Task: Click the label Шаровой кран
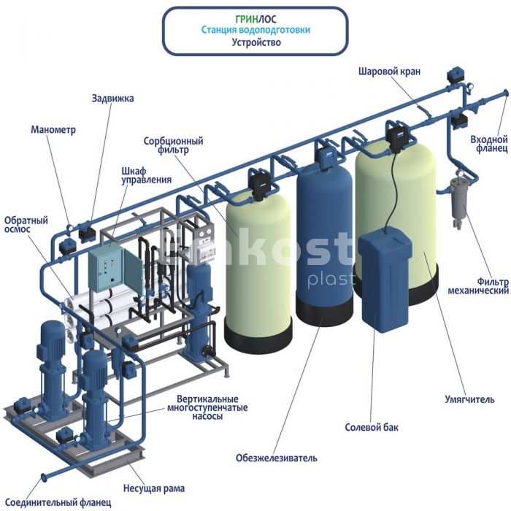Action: [389, 72]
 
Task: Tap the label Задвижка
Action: [112, 98]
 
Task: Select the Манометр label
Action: [53, 130]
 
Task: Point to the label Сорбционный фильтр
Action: [174, 145]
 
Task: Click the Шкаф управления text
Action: [146, 175]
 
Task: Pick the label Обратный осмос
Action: [26, 225]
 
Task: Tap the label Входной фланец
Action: [489, 144]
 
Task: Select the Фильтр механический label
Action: [478, 286]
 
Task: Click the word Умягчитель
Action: [469, 399]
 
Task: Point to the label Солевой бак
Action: [372, 427]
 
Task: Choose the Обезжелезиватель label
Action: [277, 458]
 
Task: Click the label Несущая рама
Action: [154, 488]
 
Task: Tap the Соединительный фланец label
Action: [58, 502]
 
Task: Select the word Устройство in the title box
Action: [256, 42]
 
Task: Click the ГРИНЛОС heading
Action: [256, 19]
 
